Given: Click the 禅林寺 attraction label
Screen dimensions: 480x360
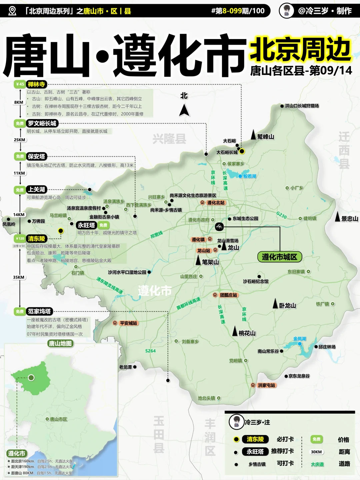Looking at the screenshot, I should click(x=37, y=84).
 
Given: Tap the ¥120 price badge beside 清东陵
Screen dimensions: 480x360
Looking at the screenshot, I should click(x=20, y=238).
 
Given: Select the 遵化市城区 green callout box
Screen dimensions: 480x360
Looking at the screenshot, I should click(x=279, y=257).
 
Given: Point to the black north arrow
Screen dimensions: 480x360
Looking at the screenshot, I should click(x=184, y=110).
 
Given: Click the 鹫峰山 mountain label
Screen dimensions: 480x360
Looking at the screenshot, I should click(x=265, y=137).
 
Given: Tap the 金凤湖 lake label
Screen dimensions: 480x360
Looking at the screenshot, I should click(x=300, y=339).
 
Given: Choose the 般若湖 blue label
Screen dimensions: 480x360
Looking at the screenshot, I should click(x=250, y=176).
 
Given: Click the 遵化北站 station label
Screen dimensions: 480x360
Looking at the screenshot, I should click(x=216, y=203).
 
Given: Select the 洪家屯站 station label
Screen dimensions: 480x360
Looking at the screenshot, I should click(x=266, y=385).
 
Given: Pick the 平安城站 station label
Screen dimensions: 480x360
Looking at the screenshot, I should click(x=128, y=323).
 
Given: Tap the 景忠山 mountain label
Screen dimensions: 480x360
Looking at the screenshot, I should click(x=349, y=219).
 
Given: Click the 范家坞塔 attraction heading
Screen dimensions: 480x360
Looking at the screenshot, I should click(x=39, y=311).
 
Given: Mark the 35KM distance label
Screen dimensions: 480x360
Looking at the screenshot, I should click(x=19, y=277).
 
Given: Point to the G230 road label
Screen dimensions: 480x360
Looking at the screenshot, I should click(x=281, y=215).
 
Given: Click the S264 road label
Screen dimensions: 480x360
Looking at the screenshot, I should click(x=150, y=351).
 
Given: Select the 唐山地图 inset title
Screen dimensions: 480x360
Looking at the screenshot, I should click(x=60, y=343).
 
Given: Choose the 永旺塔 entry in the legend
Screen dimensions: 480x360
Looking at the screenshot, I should click(x=255, y=452).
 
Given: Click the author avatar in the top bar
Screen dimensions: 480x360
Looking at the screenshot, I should click(x=286, y=11).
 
